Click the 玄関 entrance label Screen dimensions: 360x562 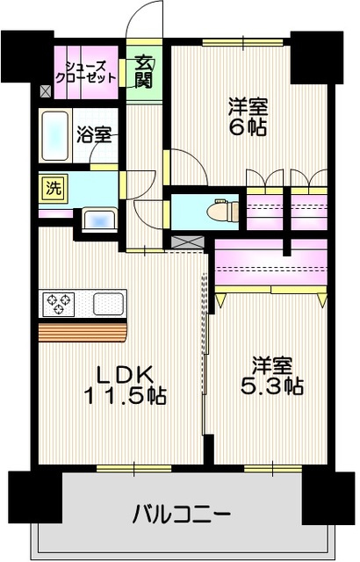(144, 73)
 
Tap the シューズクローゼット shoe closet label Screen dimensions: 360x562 (86, 72)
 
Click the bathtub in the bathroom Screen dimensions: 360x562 (54, 136)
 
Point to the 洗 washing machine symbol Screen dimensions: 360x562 (54, 189)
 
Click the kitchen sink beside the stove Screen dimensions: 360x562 (109, 304)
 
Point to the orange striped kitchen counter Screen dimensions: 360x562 (83, 332)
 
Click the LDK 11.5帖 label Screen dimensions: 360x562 (125, 385)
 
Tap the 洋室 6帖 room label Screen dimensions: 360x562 (248, 117)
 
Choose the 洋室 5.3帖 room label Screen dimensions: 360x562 (272, 375)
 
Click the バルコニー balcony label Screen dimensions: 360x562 (181, 515)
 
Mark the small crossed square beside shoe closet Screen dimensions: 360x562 (46, 91)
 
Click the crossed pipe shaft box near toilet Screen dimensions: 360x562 (188, 242)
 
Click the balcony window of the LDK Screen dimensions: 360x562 (134, 468)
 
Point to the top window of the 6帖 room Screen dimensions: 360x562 (243, 42)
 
